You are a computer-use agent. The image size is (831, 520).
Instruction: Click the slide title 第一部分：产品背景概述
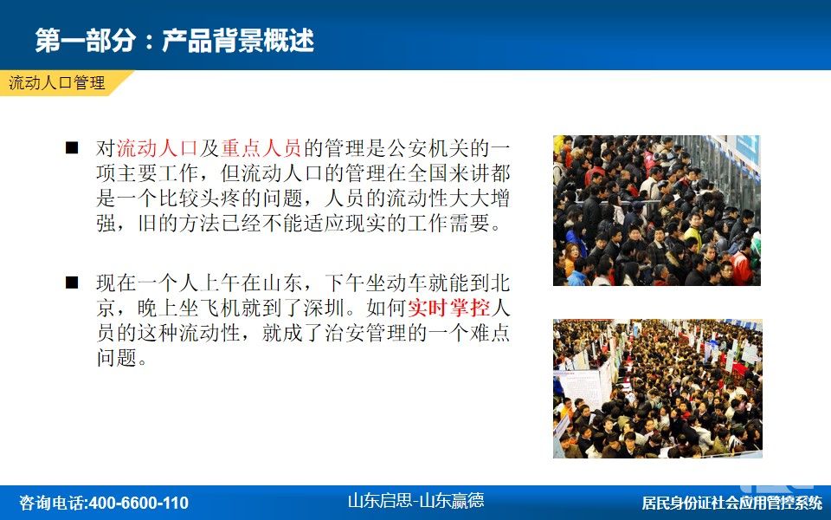pos(174,41)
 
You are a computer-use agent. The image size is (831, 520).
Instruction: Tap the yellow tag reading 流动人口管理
pos(57,83)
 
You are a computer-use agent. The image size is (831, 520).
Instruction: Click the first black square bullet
pos(72,147)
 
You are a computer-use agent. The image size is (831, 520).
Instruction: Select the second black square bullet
pos(72,283)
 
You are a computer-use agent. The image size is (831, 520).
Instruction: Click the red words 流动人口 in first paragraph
pos(158,148)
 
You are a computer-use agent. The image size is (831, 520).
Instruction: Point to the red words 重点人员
pos(261,148)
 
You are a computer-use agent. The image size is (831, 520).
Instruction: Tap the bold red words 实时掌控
pos(448,308)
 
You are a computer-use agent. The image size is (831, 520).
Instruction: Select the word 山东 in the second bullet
pos(282,283)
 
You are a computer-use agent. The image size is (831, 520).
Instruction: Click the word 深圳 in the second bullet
pos(324,308)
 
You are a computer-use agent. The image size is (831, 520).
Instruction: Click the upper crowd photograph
pos(657,210)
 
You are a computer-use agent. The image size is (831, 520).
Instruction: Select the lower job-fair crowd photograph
pos(658,388)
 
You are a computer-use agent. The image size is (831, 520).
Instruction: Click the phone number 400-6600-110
pos(138,503)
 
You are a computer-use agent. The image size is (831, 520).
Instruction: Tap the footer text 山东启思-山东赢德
pos(415,500)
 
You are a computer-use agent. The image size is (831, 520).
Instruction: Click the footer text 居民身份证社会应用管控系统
pos(732,503)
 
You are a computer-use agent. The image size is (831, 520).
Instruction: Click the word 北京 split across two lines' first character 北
pos(500,283)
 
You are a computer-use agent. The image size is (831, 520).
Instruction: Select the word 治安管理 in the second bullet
pos(365,333)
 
